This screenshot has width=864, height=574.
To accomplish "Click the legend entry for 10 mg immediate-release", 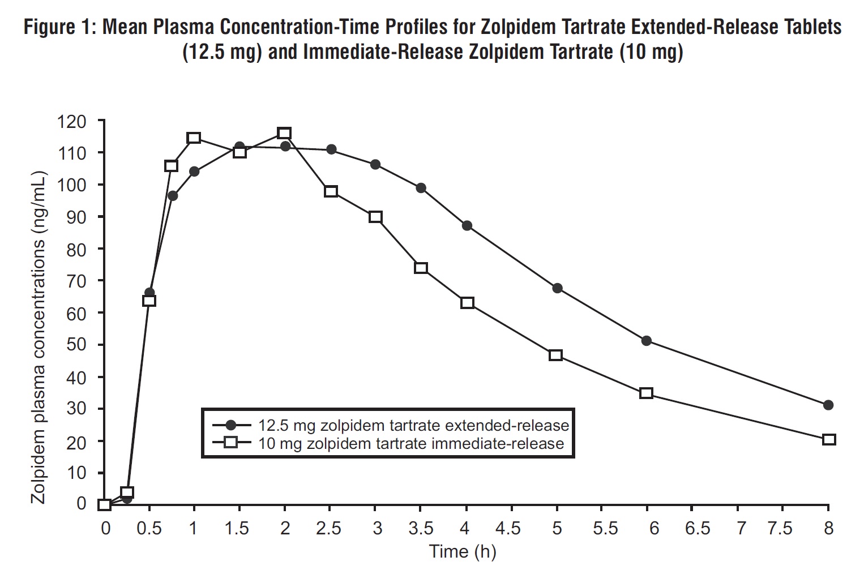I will click(411, 443).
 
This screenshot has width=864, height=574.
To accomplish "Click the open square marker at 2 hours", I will click(284, 133).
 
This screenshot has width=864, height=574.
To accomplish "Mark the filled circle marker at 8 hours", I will click(828, 405).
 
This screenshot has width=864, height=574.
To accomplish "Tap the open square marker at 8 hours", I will click(828, 439).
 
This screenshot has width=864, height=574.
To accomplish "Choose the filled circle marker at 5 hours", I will click(557, 288).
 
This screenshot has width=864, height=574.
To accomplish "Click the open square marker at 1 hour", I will click(194, 138).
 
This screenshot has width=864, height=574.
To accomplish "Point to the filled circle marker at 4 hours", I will click(467, 225).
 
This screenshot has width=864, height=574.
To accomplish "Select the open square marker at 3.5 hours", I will click(421, 268).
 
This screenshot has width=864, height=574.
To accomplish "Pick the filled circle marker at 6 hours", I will click(647, 341).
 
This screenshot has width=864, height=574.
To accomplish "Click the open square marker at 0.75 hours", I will click(171, 166).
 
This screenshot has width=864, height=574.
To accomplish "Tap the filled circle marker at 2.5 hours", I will click(331, 149).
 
